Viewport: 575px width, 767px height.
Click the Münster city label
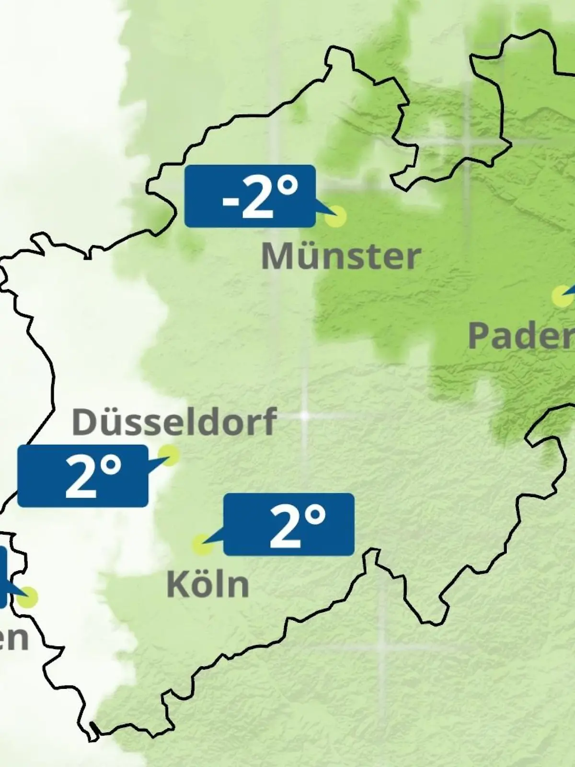(x=341, y=257)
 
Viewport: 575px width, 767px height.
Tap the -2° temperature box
(x=250, y=196)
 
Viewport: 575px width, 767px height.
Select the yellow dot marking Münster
(x=335, y=216)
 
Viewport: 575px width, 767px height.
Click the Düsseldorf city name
(x=174, y=422)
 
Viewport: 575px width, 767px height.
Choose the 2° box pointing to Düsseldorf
(x=82, y=476)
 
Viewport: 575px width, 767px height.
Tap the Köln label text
(x=208, y=584)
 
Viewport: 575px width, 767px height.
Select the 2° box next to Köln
(x=289, y=524)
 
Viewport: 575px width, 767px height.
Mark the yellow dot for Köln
(x=202, y=545)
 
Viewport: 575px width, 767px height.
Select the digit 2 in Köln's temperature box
(x=284, y=527)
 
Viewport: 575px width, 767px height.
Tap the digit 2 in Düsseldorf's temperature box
(x=80, y=478)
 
